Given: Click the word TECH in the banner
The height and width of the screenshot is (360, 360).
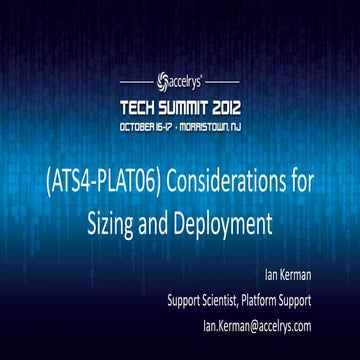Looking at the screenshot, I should coord(141,105).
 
